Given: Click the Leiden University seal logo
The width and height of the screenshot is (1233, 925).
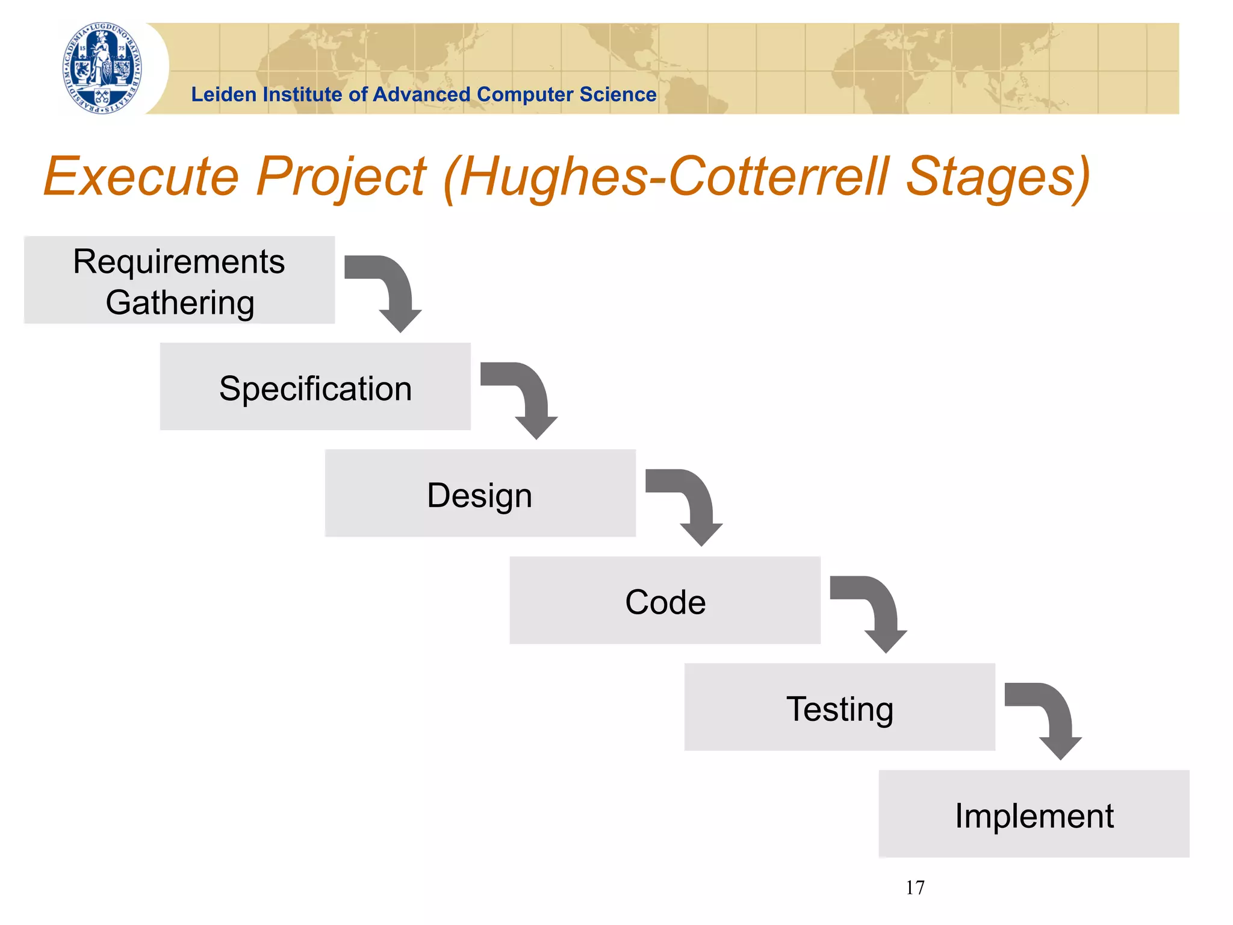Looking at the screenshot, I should (103, 68).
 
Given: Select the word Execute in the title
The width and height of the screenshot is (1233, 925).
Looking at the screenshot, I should (141, 177).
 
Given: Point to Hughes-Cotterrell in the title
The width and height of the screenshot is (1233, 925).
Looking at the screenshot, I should (674, 177).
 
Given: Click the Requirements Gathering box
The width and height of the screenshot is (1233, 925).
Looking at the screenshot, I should (179, 280).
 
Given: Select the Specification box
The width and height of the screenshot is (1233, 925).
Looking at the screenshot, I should (315, 387).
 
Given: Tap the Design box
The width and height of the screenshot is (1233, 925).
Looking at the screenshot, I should (480, 493).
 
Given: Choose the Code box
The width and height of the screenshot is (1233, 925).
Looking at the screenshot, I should (665, 600).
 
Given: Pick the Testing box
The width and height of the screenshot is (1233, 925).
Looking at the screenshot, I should (839, 707).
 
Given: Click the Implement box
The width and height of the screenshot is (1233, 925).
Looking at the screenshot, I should (1034, 814).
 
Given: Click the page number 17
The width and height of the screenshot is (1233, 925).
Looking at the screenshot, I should (915, 888).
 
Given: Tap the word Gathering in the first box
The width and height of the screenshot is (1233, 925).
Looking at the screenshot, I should (180, 302).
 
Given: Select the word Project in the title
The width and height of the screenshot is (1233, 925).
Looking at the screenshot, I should (341, 177).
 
